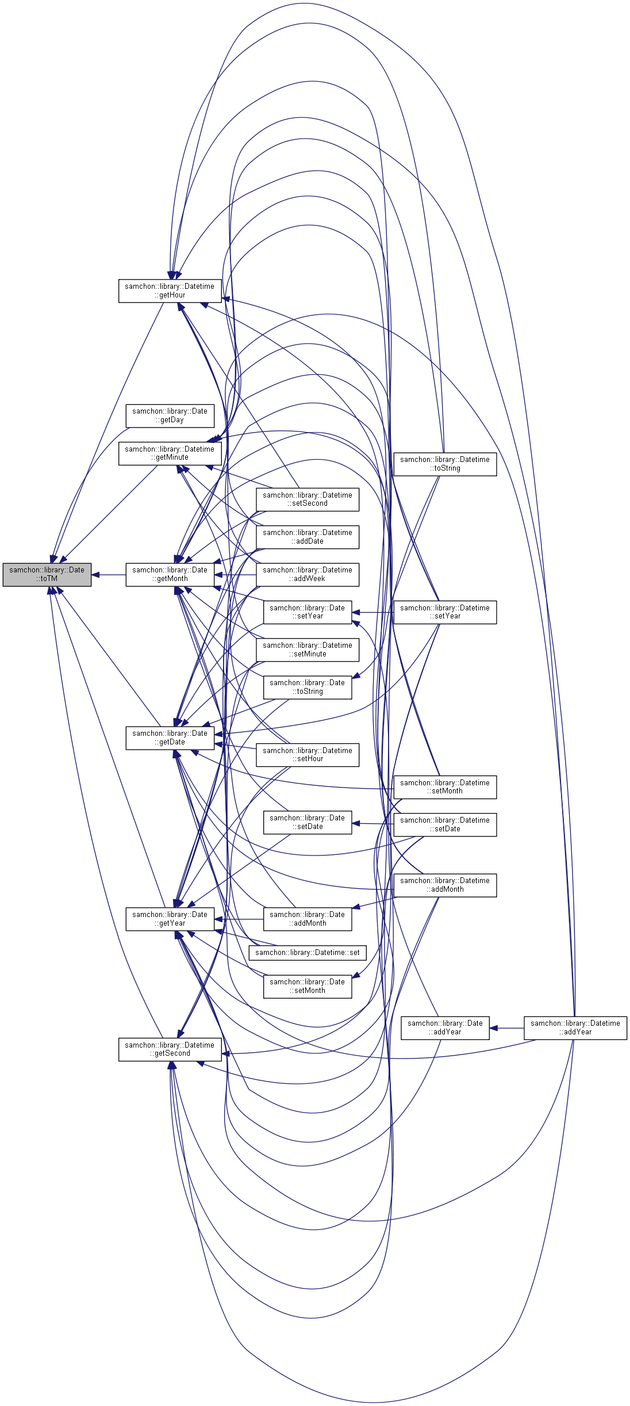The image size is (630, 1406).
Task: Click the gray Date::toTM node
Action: (x=47, y=574)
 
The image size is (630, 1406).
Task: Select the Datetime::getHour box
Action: (x=170, y=291)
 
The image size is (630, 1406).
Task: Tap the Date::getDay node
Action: (x=170, y=415)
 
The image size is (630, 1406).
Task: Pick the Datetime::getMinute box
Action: (x=170, y=453)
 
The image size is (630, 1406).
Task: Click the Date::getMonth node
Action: (x=170, y=574)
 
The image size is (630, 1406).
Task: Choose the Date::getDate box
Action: (x=170, y=738)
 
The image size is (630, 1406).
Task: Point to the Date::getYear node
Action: (x=170, y=919)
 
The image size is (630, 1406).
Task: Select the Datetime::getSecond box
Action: (x=170, y=1049)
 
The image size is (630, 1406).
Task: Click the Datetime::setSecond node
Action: (x=308, y=499)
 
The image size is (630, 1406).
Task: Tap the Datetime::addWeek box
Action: (x=308, y=574)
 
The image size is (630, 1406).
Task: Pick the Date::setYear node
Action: (x=308, y=612)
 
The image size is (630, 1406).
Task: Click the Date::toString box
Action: (x=308, y=687)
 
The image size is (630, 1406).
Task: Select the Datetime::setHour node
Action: (x=308, y=755)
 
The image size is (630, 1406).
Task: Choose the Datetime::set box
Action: (x=308, y=953)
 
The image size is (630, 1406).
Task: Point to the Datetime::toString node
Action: (x=445, y=464)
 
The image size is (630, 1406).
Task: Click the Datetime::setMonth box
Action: (x=445, y=787)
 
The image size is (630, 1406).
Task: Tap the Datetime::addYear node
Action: (x=575, y=1027)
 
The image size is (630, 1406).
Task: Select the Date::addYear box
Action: (x=445, y=1027)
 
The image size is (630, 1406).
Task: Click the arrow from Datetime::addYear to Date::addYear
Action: (x=506, y=1027)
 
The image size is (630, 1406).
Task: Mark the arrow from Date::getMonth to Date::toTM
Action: (x=109, y=574)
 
